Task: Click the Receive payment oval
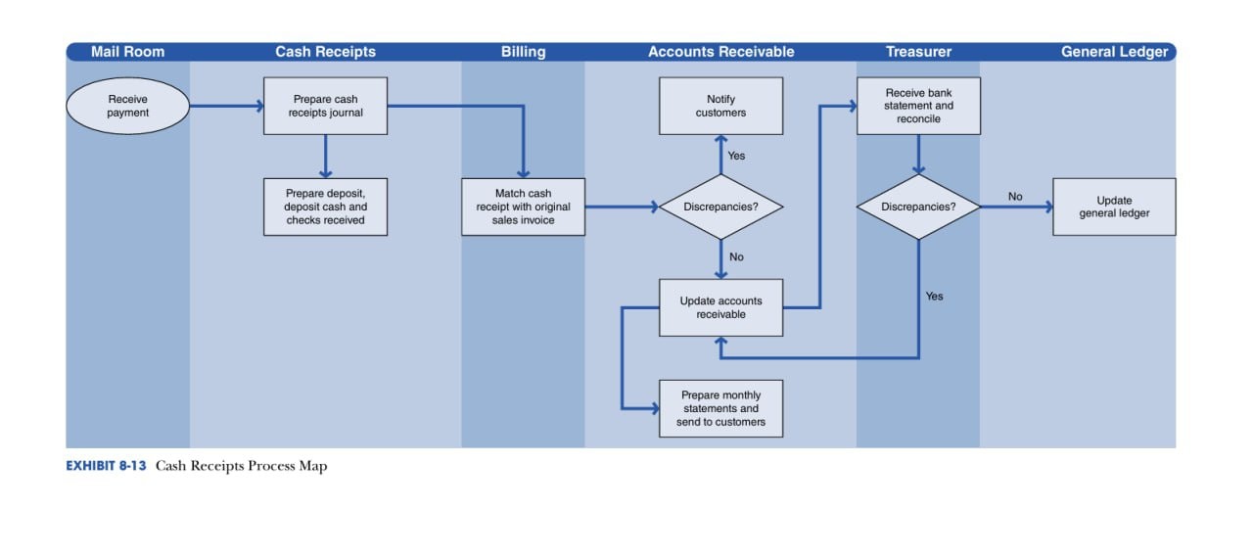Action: click(127, 106)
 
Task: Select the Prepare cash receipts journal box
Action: click(326, 106)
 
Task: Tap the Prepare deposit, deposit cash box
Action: click(326, 207)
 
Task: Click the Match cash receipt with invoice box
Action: click(523, 207)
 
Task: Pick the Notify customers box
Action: click(721, 106)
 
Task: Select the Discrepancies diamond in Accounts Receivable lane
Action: click(721, 207)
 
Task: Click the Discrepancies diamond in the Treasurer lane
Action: click(918, 207)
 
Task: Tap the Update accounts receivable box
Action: click(721, 307)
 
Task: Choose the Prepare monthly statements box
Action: click(721, 408)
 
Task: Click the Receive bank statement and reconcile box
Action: click(918, 106)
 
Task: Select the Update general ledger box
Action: click(1114, 207)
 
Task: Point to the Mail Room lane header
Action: click(127, 52)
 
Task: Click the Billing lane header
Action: click(523, 52)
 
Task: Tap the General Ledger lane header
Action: click(1114, 52)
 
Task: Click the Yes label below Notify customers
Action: click(736, 156)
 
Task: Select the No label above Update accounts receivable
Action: click(736, 256)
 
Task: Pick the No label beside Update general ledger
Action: click(1015, 197)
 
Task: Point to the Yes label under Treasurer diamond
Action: click(934, 296)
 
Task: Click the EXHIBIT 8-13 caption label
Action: click(106, 466)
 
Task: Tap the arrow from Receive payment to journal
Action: click(226, 106)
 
